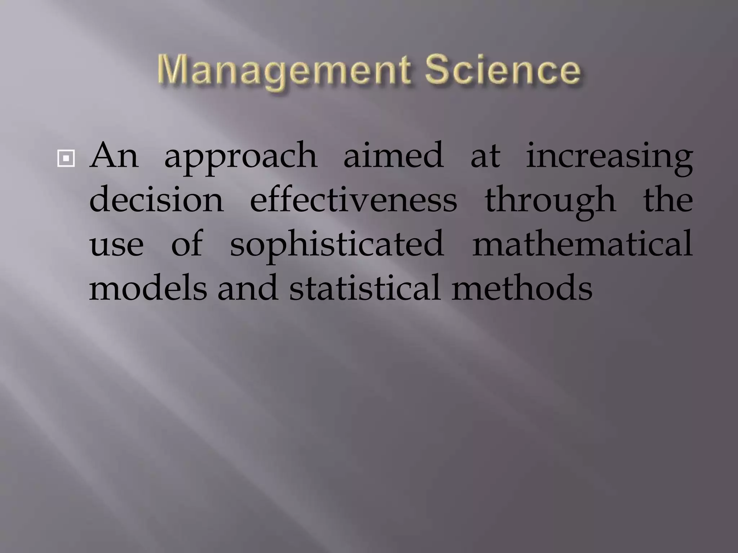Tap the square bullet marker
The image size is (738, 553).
66,158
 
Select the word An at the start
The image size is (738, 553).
114,156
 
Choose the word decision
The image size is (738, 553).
156,200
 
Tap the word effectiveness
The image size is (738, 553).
354,200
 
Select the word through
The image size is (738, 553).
550,202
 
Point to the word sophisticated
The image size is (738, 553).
337,246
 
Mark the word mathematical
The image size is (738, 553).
582,244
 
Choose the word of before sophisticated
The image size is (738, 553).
187,244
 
